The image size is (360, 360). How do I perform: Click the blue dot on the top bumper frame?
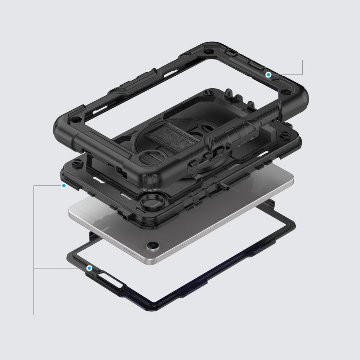pyautogui.click(x=268, y=75)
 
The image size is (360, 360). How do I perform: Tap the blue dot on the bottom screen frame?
pyautogui.click(x=89, y=268)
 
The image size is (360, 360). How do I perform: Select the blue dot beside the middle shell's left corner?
pyautogui.click(x=64, y=186)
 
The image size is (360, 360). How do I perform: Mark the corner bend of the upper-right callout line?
pyautogui.click(x=303, y=75)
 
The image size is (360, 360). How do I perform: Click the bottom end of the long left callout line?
pyautogui.click(x=34, y=315)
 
